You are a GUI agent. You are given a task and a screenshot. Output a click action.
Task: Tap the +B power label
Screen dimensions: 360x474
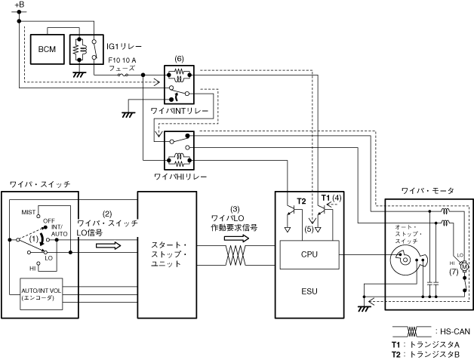[x=19, y=5]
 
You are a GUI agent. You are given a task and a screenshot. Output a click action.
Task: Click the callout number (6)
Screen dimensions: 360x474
[x=179, y=58]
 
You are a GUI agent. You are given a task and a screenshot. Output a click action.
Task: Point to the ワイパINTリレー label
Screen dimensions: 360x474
[x=179, y=110]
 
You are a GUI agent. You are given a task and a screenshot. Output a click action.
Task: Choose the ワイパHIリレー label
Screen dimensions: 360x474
[x=178, y=176]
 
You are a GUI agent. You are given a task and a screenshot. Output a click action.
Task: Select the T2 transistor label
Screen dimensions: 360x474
[x=302, y=202]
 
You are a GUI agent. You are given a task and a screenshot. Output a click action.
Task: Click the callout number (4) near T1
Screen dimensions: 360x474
[x=337, y=197]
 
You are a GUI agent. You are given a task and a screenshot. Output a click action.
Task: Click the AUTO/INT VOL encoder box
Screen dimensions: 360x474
[x=42, y=294]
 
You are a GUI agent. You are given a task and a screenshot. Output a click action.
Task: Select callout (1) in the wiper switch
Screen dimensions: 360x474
[x=32, y=239]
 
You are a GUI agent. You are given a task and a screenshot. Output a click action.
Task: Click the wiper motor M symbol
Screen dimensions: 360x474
[x=465, y=266]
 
